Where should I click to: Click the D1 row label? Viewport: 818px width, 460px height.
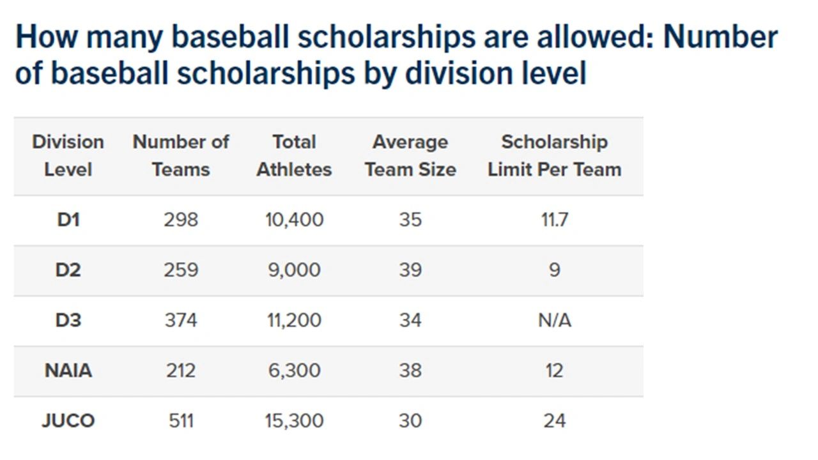coord(68,220)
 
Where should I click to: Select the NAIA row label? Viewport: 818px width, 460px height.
coord(68,371)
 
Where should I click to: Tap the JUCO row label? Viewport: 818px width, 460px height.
coord(68,421)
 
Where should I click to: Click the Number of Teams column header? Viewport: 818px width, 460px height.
coord(181,155)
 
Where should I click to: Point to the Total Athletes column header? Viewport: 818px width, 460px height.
coord(294,155)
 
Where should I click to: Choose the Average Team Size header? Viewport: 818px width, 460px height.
coord(410,155)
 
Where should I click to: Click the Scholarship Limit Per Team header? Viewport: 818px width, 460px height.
coord(554,155)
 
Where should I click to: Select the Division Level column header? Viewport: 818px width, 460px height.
coord(68,155)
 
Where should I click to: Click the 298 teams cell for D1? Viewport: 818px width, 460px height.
coord(181,220)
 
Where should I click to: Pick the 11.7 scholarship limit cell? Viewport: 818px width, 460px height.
coord(554,220)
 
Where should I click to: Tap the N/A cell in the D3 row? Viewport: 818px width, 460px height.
coord(554,320)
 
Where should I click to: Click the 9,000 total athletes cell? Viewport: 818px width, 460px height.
coord(294,270)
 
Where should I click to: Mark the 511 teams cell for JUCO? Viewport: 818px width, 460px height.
coord(181,421)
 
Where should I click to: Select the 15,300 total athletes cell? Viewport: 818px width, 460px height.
coord(294,421)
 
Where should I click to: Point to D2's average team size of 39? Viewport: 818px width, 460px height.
coord(410,270)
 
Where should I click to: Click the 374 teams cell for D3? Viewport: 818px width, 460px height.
coord(181,320)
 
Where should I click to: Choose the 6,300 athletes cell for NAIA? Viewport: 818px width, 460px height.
coord(294,371)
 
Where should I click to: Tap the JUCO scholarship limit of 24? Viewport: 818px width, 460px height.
coord(554,421)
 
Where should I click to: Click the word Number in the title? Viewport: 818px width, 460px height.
coord(720,37)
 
